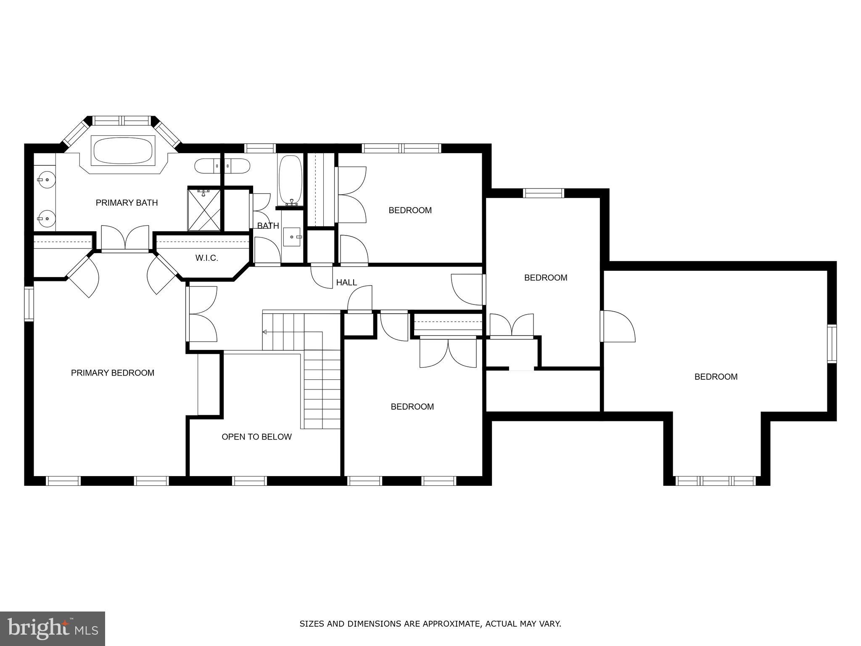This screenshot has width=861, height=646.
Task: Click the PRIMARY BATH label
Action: click(127, 203)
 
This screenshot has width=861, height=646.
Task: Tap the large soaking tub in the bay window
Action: click(123, 151)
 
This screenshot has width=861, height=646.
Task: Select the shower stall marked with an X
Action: click(204, 210)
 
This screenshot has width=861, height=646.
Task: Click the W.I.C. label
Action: click(206, 258)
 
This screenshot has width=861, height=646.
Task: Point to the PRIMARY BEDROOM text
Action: click(112, 373)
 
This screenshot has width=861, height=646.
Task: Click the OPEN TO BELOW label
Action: click(256, 437)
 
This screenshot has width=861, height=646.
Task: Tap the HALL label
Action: click(346, 283)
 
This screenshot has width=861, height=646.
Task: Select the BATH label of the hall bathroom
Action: click(268, 226)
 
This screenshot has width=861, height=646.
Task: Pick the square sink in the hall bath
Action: click(292, 237)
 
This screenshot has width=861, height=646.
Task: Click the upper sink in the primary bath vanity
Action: click(44, 180)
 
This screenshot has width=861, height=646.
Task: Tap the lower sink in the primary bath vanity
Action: click(44, 218)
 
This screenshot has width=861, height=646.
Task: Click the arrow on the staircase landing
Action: click(265, 332)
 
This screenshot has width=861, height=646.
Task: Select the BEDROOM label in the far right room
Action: click(716, 377)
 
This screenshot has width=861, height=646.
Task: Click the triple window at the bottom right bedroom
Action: click(716, 480)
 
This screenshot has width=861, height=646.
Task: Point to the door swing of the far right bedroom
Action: click(618, 326)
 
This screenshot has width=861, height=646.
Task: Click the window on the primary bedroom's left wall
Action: click(29, 304)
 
